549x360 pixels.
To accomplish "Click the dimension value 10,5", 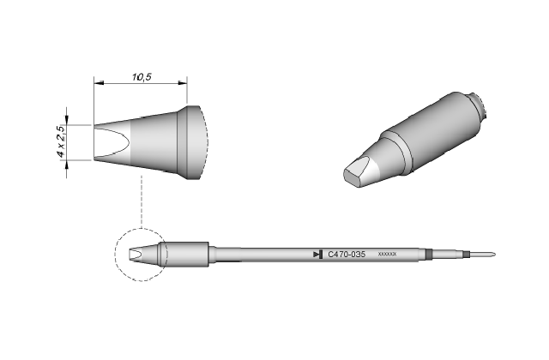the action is [142, 77].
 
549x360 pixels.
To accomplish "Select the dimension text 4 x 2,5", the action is [61, 141].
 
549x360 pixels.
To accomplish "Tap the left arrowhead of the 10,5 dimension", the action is [99, 83].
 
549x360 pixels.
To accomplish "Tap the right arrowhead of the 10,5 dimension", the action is [183, 83].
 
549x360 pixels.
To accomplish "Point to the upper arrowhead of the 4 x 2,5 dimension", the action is [67, 120].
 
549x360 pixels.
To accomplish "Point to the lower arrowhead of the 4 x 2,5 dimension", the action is [67, 165].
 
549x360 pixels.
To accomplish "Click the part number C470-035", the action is [347, 255].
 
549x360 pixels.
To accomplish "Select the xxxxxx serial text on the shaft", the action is [387, 254].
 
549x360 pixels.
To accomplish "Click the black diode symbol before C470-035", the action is [318, 255].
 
